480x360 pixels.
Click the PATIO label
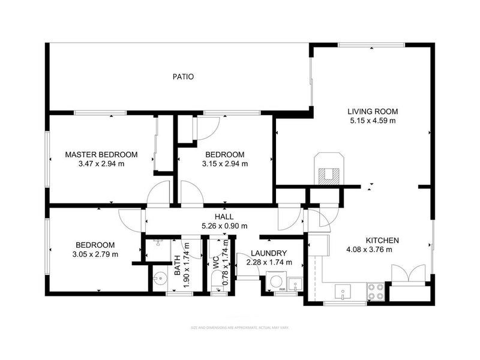[x=183, y=77]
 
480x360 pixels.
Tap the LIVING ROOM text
[x=373, y=112]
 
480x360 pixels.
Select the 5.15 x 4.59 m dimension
[x=373, y=121]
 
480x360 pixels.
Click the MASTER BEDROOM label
[x=101, y=154]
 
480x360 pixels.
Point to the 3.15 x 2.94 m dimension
[x=225, y=163]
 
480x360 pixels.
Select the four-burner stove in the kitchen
[x=376, y=291]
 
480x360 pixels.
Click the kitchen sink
[x=343, y=293]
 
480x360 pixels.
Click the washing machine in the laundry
[x=275, y=282]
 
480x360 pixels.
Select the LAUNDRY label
[x=268, y=253]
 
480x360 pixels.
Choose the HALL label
[x=224, y=217]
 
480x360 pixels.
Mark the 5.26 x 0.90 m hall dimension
[x=224, y=226]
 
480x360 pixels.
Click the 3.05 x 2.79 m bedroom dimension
[x=95, y=254]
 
